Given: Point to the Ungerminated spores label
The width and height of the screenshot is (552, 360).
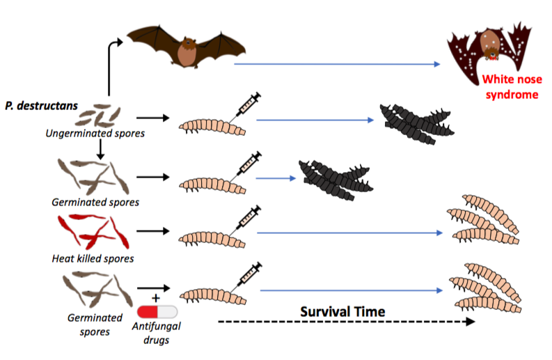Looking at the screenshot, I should [95, 132].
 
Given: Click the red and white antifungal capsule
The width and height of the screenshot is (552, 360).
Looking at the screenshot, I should [157, 314].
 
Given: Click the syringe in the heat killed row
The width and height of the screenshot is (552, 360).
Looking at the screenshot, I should [244, 220].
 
